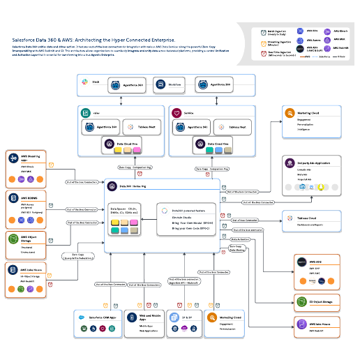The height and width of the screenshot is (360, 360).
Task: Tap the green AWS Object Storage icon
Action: point(13,239)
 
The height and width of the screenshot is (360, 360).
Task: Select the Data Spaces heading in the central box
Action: point(119,208)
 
